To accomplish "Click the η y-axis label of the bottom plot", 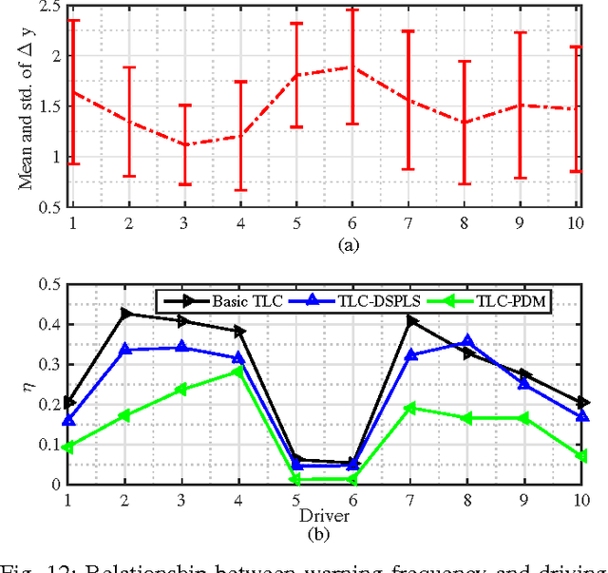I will click(x=27, y=385).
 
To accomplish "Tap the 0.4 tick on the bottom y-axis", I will click(x=44, y=325).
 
